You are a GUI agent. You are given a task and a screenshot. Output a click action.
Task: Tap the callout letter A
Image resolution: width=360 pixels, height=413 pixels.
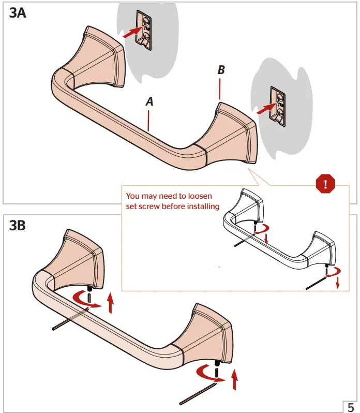coord(149,102)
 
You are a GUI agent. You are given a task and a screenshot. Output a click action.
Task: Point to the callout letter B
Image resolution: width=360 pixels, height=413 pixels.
coord(221,70)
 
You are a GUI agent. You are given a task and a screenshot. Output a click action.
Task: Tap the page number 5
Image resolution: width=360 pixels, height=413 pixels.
coord(351,406)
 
